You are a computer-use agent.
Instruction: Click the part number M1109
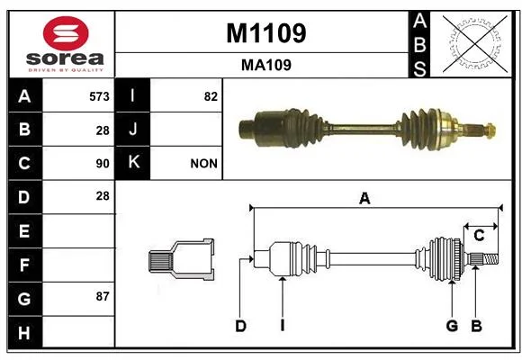[266, 33]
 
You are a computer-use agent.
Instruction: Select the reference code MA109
[266, 66]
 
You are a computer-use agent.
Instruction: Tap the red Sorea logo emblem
[66, 33]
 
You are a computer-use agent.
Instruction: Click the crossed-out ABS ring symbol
[475, 43]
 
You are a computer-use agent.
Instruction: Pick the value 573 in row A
[99, 96]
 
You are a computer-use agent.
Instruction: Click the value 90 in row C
[103, 164]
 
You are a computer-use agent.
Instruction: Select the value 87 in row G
[103, 296]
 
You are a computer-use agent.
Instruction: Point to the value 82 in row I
[211, 96]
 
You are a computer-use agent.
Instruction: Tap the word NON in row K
[203, 164]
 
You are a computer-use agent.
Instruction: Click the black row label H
[25, 332]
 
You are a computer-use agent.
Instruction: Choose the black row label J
[132, 129]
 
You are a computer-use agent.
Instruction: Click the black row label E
[25, 230]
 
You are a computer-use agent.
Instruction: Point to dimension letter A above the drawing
[364, 199]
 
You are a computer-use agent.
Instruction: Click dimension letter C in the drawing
[479, 236]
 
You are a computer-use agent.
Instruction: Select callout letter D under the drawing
[240, 326]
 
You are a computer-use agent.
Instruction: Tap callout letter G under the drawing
[452, 326]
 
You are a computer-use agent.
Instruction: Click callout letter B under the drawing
[476, 326]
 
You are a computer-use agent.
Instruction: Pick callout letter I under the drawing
[283, 326]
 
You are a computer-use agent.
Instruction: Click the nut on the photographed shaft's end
[490, 130]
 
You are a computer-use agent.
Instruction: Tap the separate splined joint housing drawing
[182, 259]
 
